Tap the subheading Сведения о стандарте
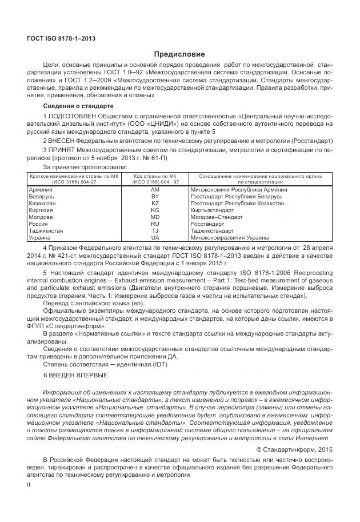coord(78,107)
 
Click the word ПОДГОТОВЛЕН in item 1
coord(70,117)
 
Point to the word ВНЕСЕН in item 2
coord(63,140)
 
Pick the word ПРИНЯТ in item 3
coord(63,150)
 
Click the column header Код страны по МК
coord(155,177)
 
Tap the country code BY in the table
coord(155,196)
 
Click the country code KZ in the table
coord(155,203)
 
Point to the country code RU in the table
coord(155,224)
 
